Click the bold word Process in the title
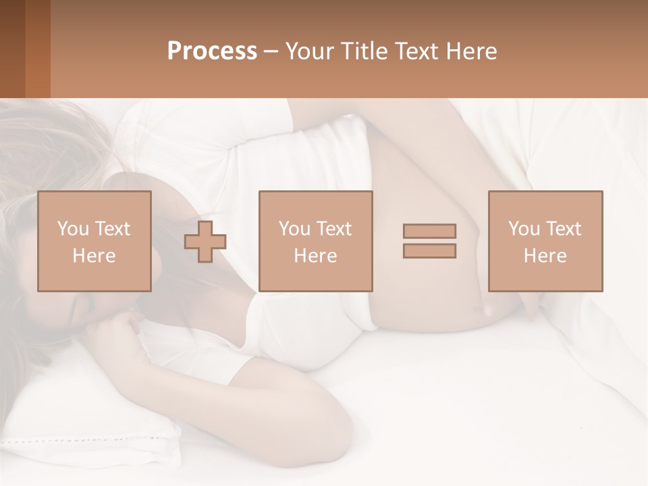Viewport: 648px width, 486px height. (212, 51)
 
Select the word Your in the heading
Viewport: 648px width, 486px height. (310, 51)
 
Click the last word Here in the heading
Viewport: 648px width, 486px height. (472, 51)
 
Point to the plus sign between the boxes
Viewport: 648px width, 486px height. (205, 242)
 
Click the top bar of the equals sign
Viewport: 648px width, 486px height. (429, 231)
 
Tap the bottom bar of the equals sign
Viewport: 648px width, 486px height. (429, 250)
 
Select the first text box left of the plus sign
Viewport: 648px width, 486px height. (94, 241)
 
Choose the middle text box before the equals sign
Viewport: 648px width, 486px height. (316, 241)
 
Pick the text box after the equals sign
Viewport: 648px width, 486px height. (545, 241)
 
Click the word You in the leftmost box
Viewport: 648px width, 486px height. (72, 229)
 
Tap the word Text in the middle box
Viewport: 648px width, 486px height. (334, 229)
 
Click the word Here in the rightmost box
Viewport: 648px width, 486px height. (545, 256)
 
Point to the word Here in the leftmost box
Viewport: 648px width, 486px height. (94, 256)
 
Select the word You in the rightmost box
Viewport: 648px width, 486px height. (523, 229)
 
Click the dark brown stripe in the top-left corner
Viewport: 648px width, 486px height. (12, 49)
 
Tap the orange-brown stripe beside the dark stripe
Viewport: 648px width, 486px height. (38, 49)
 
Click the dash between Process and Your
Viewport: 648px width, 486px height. (271, 51)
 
